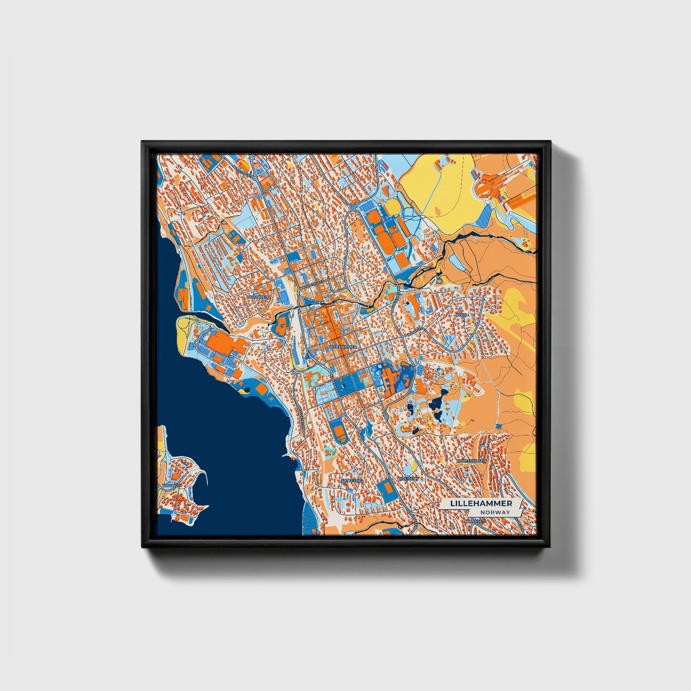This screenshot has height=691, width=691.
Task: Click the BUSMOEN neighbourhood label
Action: point(259,296)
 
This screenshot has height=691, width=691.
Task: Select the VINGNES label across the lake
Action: point(171,485)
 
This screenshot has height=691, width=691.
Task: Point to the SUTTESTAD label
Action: point(352,480)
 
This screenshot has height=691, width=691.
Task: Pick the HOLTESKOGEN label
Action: point(471,461)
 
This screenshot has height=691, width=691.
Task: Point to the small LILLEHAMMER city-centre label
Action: point(343,346)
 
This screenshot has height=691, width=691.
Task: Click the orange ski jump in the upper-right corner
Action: point(488,184)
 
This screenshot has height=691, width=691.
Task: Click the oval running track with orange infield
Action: point(340,433)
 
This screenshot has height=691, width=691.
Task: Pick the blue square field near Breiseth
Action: point(384,488)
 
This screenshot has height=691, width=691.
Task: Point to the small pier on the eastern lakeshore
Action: point(288,455)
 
